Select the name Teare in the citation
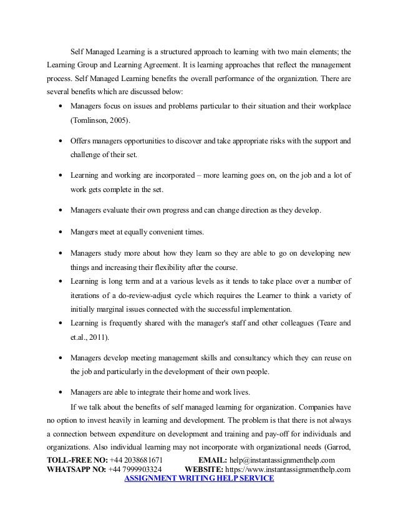(x=324, y=323)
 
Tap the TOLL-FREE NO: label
(x=73, y=459)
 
